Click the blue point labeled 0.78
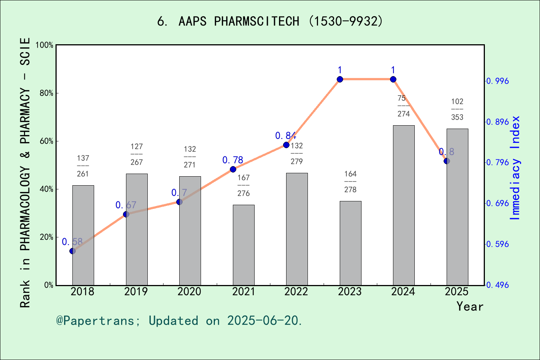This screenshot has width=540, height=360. tap(233, 169)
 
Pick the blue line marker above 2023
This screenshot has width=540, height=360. tap(340, 79)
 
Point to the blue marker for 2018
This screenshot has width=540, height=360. tap(72, 251)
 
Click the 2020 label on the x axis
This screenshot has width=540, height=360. tap(189, 292)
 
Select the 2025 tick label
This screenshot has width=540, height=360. tap(457, 292)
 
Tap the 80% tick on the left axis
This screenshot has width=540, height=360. tap(46, 93)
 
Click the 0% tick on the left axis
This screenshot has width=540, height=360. tap(49, 285)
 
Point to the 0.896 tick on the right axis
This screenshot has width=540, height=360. tap(498, 122)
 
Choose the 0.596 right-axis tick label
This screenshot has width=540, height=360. tap(498, 244)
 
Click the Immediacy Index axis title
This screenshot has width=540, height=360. tap(515, 168)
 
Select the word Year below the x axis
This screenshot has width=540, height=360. tap(470, 306)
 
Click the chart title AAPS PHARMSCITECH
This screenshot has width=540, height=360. tap(270, 21)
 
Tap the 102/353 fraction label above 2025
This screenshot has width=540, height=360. tap(457, 109)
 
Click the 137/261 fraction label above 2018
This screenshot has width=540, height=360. tap(83, 166)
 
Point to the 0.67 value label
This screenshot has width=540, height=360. tap(126, 205)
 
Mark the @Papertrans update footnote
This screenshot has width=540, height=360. tap(179, 321)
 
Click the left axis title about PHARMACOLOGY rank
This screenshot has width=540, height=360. tap(25, 172)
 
